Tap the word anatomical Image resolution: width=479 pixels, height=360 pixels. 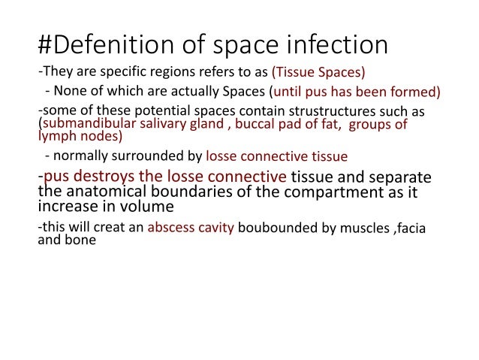[x=111, y=192]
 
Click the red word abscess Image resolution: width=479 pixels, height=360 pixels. [x=172, y=227]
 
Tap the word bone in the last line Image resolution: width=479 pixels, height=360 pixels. [x=80, y=241]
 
